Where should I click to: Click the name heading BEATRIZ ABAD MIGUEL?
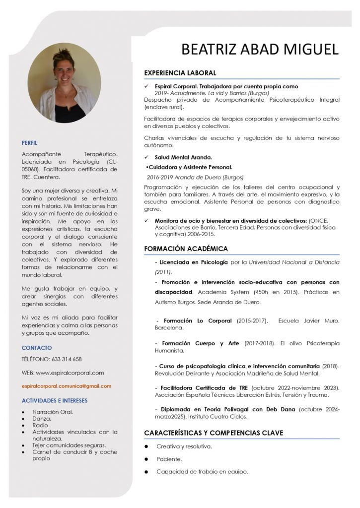[x=260, y=50]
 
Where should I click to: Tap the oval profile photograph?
[x=64, y=82]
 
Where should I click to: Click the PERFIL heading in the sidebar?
[x=29, y=143]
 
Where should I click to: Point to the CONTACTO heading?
[x=37, y=348]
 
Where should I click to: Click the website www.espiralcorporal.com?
[x=70, y=373]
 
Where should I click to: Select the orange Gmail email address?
[x=67, y=386]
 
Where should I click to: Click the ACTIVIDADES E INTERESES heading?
[x=55, y=400]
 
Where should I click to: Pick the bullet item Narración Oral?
[x=53, y=412]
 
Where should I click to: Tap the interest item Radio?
[x=41, y=425]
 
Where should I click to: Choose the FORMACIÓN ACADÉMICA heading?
[x=186, y=249]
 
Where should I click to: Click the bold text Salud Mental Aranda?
[x=183, y=157]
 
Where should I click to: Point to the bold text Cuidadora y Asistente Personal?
[x=190, y=167]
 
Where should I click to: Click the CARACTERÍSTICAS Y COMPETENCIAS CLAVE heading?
[x=214, y=433]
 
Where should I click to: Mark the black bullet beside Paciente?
[x=147, y=459]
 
